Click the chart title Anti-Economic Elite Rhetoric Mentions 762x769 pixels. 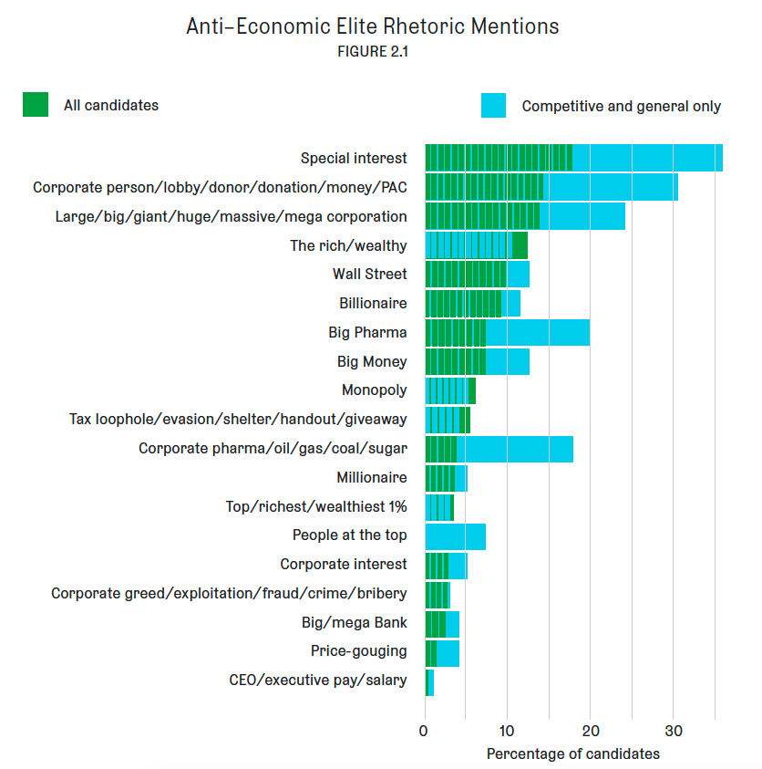[x=373, y=26]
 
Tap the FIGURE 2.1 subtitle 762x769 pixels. [x=373, y=52]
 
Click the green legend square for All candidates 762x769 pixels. [x=36, y=105]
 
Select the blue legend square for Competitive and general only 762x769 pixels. [x=493, y=106]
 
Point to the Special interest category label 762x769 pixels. [x=354, y=159]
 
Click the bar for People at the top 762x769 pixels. [x=455, y=536]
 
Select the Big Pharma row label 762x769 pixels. [x=367, y=332]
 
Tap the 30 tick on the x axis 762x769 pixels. [x=673, y=732]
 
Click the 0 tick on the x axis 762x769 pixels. [x=424, y=732]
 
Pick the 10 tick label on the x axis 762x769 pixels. [x=507, y=732]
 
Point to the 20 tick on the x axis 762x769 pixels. [x=590, y=732]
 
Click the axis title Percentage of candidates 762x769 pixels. [x=572, y=754]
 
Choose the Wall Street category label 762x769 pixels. [x=369, y=274]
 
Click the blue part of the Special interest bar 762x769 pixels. [x=647, y=158]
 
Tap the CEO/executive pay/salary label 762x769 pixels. [x=318, y=681]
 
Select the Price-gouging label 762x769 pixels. [x=358, y=651]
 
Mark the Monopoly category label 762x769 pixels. [x=374, y=390]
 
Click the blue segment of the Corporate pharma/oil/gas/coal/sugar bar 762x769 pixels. [x=515, y=449]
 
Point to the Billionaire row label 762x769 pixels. [x=373, y=303]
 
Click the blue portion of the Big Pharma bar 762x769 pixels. [x=538, y=333]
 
